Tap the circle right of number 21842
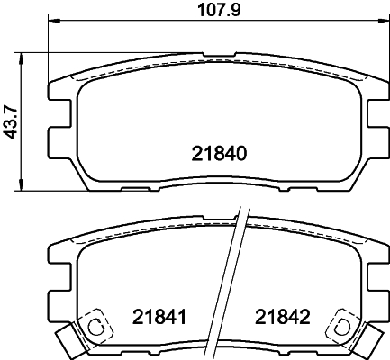point(341,327)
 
